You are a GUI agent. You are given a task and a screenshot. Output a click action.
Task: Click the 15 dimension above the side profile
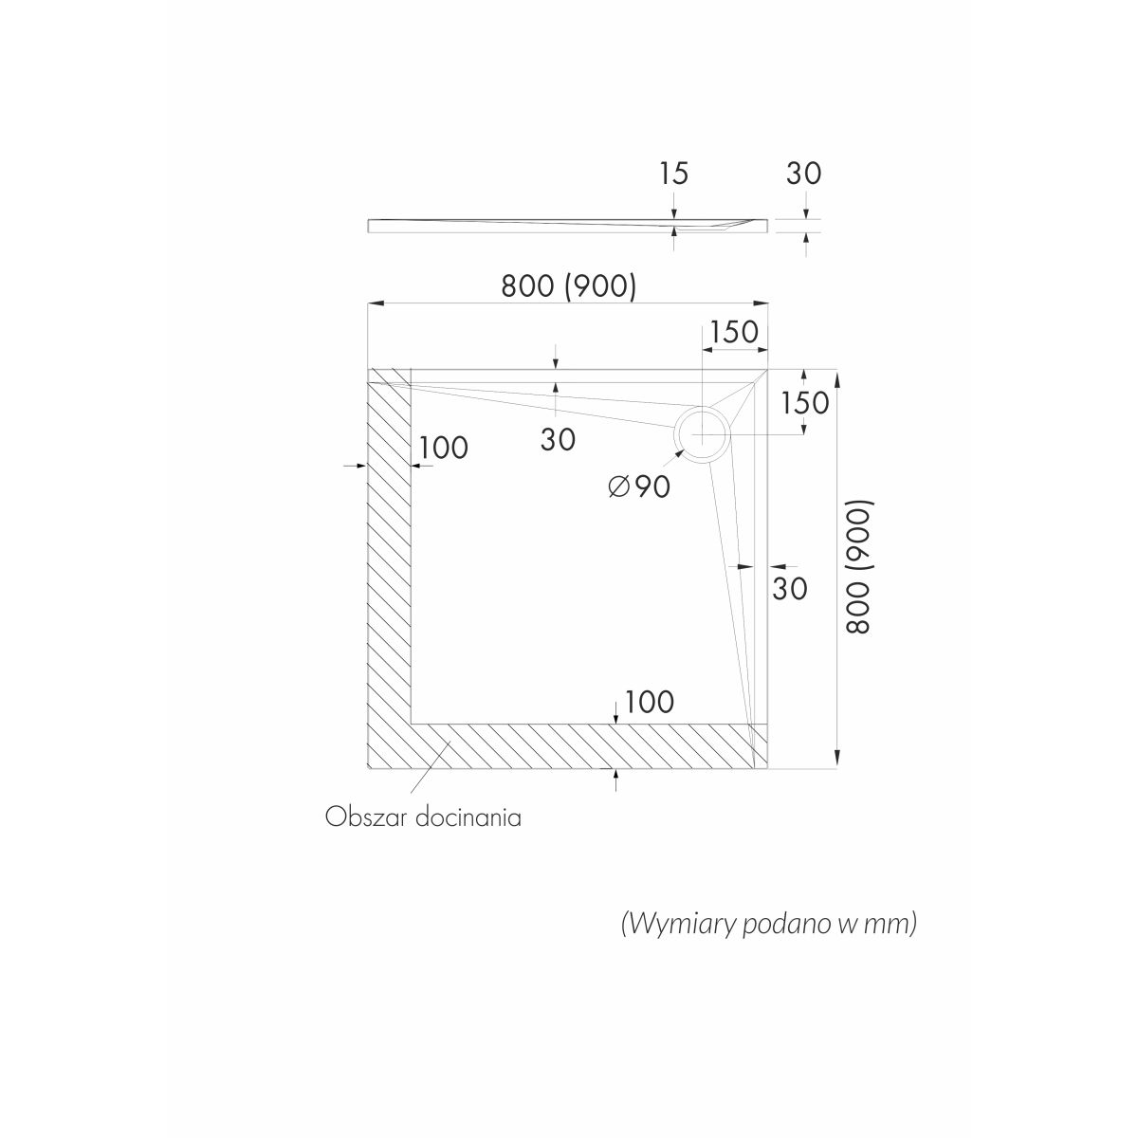click(x=674, y=174)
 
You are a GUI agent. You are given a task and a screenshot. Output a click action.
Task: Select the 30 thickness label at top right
click(x=804, y=174)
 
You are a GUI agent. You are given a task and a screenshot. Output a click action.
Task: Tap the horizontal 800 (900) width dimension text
click(x=569, y=286)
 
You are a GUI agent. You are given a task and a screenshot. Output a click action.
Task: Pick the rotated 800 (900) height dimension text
click(x=858, y=567)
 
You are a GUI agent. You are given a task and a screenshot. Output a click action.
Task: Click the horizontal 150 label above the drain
click(x=734, y=332)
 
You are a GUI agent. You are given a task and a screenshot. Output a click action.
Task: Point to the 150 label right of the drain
click(x=805, y=403)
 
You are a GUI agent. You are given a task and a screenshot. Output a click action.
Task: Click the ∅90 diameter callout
click(x=639, y=486)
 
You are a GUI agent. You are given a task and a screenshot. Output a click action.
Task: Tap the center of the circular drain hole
click(x=702, y=434)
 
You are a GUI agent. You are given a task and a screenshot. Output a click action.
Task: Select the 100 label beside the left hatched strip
click(x=444, y=449)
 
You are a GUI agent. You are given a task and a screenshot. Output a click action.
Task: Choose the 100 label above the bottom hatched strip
click(x=649, y=702)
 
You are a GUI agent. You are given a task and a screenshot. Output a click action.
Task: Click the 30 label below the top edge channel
click(x=558, y=440)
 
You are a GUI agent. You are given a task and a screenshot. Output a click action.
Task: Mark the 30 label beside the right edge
click(x=790, y=589)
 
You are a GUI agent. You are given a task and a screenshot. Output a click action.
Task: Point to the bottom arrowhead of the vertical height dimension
click(x=837, y=760)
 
